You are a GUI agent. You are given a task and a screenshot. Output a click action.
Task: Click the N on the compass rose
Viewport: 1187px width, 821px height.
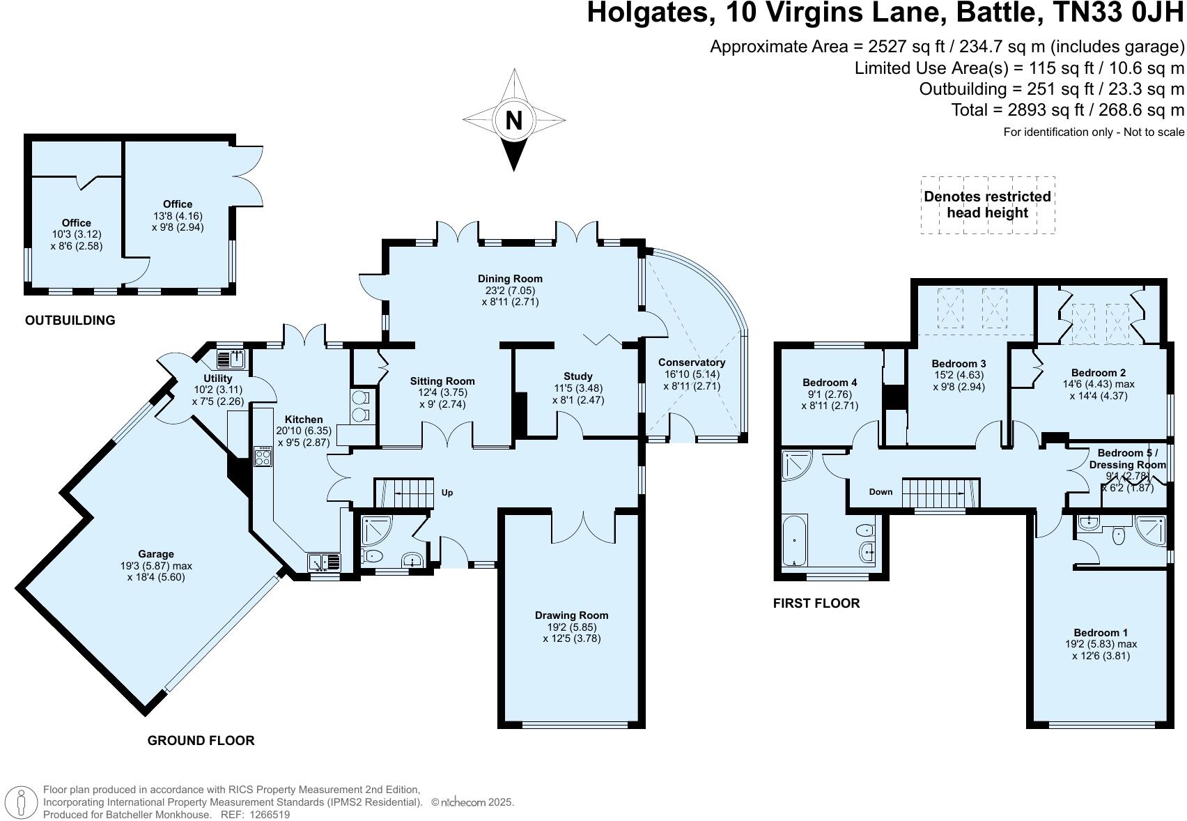(513, 121)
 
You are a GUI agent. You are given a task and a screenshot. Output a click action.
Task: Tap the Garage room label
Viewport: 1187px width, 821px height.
(156, 555)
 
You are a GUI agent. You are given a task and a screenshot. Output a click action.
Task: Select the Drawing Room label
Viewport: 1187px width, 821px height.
(571, 615)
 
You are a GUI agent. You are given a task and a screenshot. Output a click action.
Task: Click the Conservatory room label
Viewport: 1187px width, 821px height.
(692, 362)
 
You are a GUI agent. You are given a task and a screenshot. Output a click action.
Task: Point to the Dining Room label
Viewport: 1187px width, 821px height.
(510, 279)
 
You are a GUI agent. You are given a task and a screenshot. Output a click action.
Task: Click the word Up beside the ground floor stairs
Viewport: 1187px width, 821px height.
(447, 493)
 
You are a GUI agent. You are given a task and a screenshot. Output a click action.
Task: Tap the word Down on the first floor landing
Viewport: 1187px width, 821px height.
(880, 492)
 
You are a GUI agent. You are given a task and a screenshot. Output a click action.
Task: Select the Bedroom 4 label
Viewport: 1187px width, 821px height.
(830, 383)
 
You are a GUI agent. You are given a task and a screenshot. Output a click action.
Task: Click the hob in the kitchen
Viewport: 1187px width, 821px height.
(263, 458)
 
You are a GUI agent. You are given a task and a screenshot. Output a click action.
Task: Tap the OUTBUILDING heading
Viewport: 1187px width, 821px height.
(70, 321)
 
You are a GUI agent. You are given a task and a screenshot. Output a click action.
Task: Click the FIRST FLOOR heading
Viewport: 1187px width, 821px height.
(816, 604)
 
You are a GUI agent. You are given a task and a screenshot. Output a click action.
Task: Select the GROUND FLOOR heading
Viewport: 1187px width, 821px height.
(201, 741)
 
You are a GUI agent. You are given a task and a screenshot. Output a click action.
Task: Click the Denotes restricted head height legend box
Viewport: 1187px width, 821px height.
(987, 205)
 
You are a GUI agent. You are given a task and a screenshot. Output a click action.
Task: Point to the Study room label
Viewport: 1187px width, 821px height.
(578, 376)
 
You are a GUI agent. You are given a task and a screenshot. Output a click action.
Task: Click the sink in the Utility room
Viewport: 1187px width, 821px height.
(231, 360)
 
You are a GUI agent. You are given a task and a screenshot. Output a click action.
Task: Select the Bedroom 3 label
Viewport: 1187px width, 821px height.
(959, 364)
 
